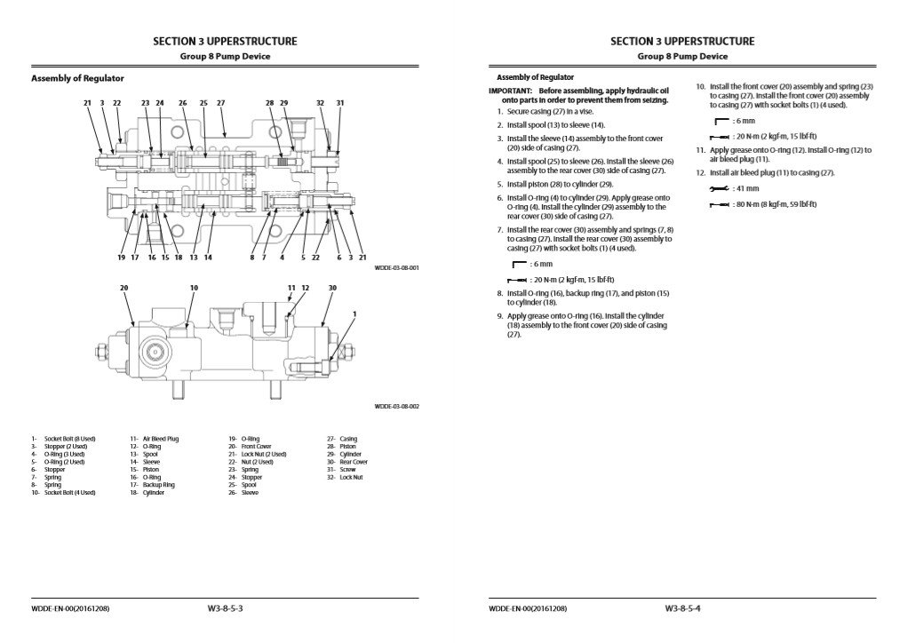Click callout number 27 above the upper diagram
tap(221, 103)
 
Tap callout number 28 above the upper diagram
tap(270, 103)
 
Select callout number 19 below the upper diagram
tap(121, 258)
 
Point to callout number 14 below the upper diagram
tap(207, 258)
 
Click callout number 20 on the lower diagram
tap(124, 288)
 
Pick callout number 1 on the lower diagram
tap(354, 314)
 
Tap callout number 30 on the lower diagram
tap(332, 288)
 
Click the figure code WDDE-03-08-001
tap(396, 266)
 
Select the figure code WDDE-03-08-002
tap(396, 406)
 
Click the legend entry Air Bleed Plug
tap(161, 439)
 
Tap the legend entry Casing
tap(347, 439)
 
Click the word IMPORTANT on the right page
tap(510, 91)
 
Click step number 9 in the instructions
tap(500, 315)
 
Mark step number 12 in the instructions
tap(700, 172)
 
